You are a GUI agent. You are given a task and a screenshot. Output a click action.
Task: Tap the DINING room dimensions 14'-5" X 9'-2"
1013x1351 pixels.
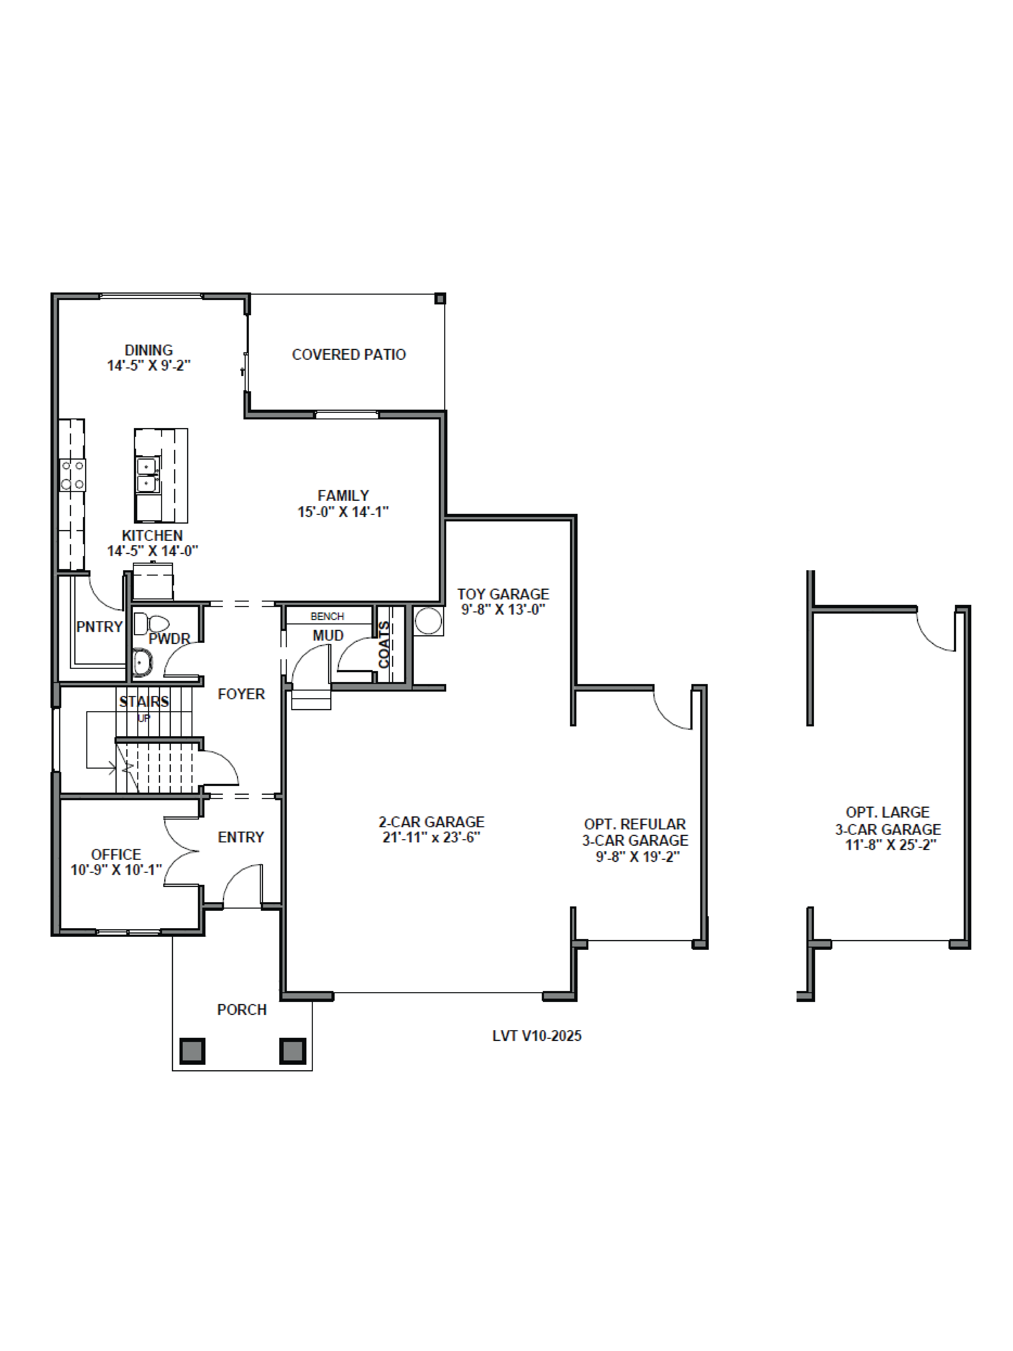[x=149, y=366]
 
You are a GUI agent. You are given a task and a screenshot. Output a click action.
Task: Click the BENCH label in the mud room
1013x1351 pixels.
[x=327, y=616]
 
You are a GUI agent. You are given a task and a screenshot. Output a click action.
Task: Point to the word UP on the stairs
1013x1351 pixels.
[x=144, y=718]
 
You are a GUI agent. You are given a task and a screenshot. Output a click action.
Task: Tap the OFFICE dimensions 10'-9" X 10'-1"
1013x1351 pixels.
[x=116, y=870]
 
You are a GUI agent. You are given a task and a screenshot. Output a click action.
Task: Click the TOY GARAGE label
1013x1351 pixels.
[x=503, y=594]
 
